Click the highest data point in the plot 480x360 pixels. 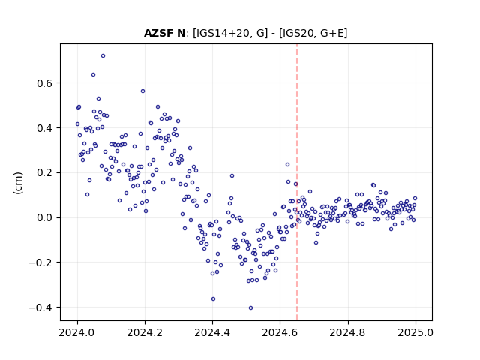103,55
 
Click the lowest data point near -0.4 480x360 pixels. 250,307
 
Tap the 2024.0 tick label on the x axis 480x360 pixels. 77,332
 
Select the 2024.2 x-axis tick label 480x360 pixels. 145,332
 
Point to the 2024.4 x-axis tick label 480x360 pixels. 212,332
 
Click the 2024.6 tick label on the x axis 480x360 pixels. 280,332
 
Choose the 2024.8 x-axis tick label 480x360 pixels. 348,332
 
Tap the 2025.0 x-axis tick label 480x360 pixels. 415,332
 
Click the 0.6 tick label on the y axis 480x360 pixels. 45,83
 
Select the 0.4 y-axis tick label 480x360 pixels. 45,128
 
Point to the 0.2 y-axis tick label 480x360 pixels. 45,172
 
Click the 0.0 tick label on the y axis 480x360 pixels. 45,217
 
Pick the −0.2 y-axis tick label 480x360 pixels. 40,262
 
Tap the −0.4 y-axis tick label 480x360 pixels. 40,307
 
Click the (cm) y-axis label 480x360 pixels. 18,183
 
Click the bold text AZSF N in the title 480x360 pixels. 165,33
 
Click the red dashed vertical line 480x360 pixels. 297,182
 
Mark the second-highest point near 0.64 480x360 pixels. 93,74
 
